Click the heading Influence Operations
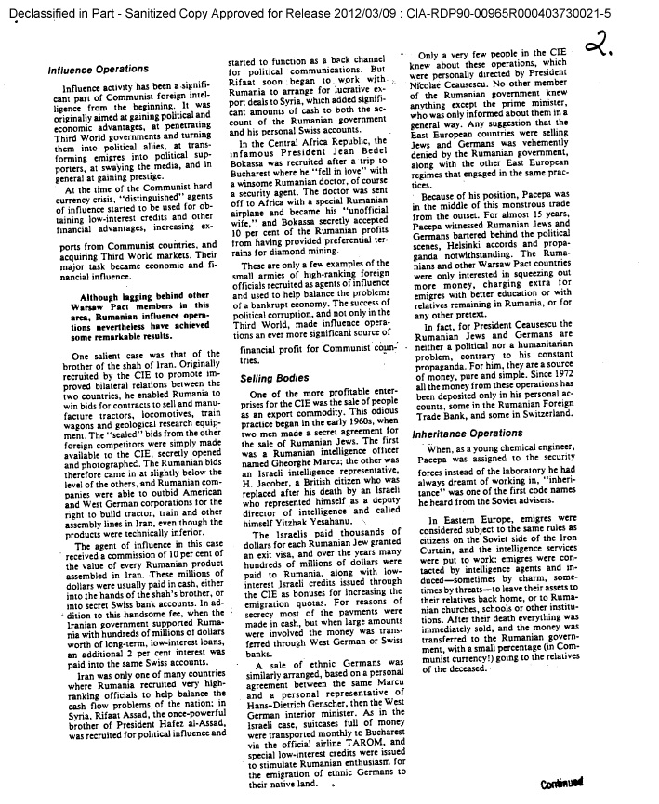98,69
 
